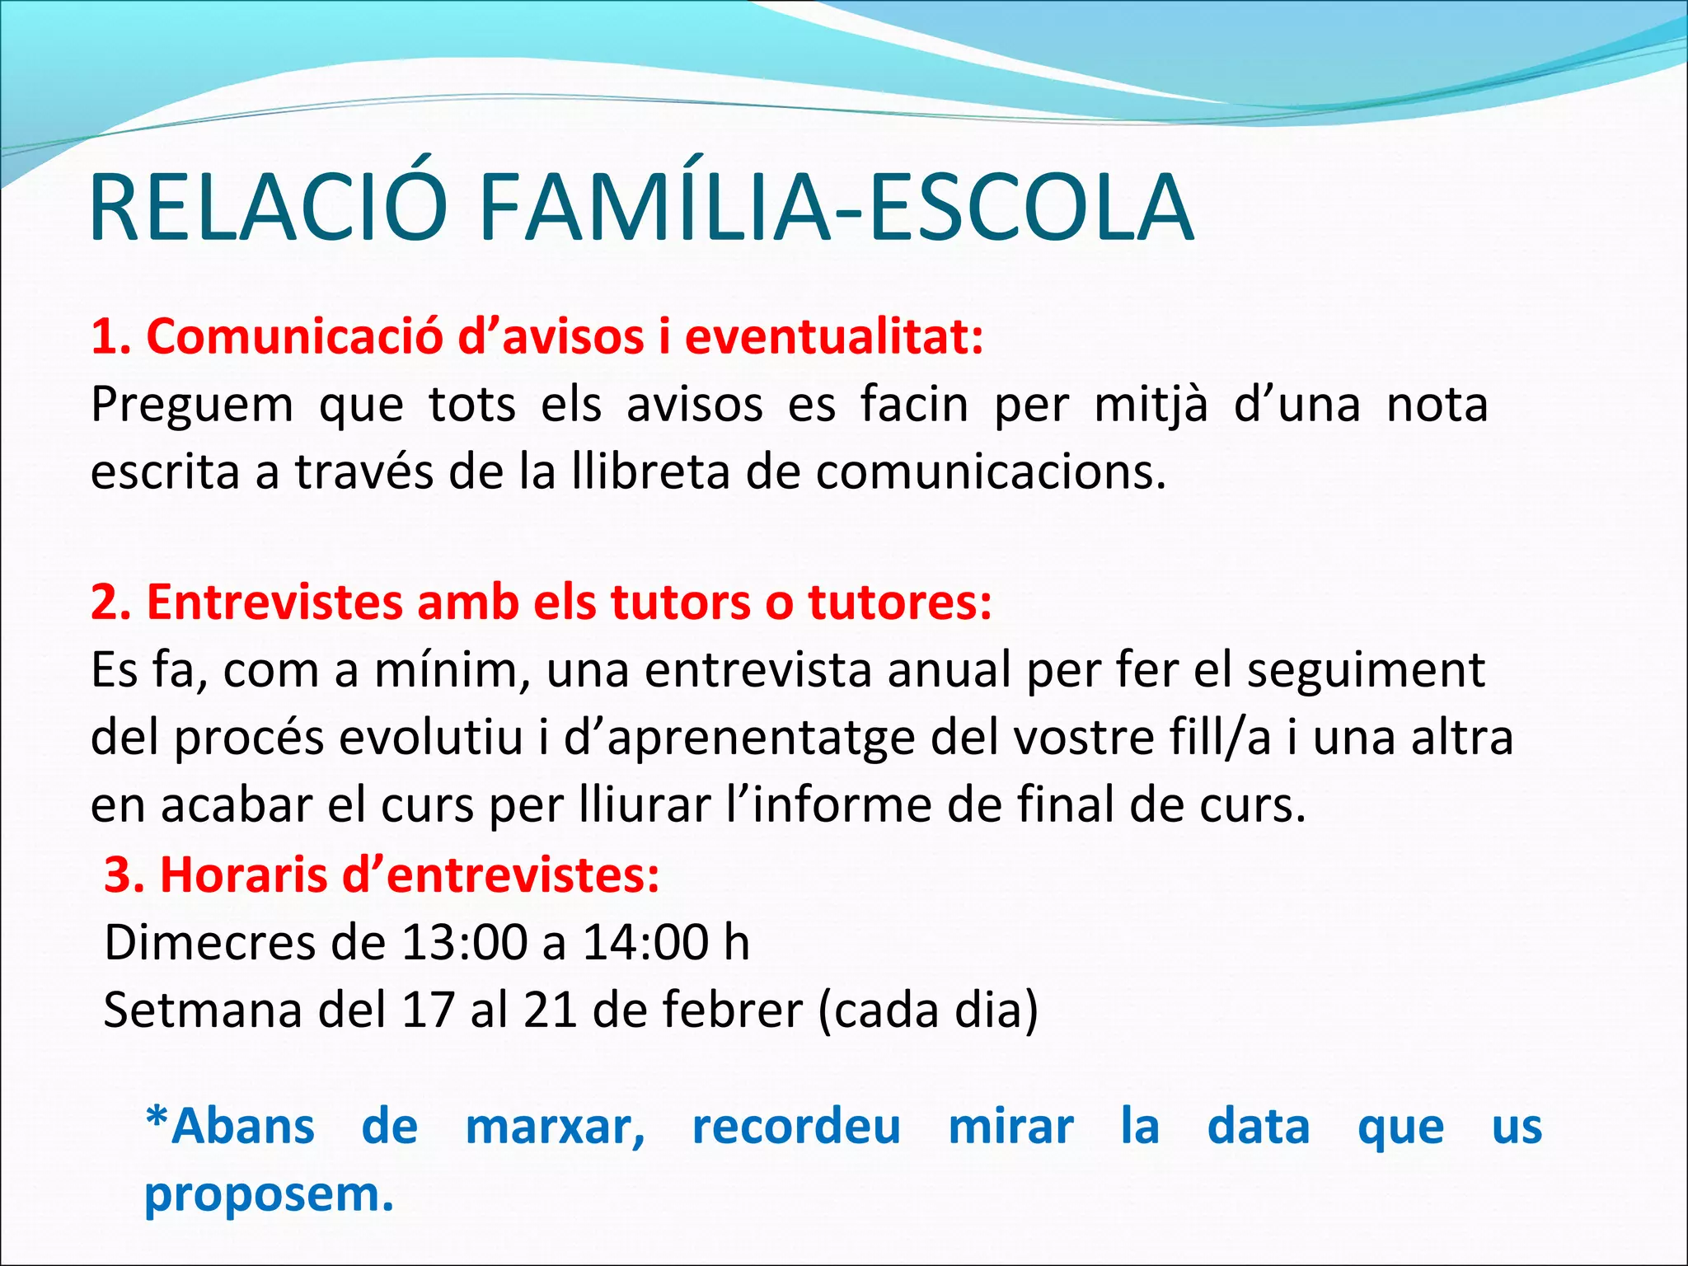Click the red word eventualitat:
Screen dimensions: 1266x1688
(834, 337)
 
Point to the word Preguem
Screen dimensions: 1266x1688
(191, 406)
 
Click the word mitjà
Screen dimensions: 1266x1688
(1151, 406)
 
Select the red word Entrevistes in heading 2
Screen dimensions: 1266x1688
(274, 603)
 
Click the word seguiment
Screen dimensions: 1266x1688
(1366, 670)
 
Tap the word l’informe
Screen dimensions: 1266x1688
(828, 804)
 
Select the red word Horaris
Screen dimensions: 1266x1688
(243, 874)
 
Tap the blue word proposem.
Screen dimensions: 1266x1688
(269, 1195)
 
